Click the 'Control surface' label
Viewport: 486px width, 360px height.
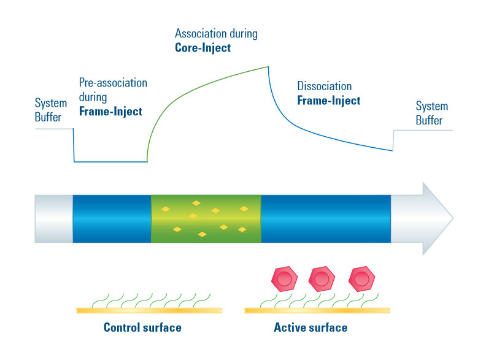click(142, 327)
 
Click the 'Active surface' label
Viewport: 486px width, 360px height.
click(310, 327)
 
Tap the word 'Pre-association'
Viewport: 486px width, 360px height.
click(113, 83)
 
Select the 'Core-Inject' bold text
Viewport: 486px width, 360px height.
click(203, 48)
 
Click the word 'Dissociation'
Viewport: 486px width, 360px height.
click(325, 86)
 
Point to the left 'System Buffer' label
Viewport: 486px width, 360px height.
click(50, 110)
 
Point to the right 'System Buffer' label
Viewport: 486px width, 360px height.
click(431, 113)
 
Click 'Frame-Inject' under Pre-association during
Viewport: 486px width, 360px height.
click(110, 112)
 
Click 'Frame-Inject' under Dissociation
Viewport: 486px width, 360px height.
click(329, 101)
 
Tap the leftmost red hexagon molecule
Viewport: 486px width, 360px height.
click(284, 280)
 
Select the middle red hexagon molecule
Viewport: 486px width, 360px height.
click(322, 280)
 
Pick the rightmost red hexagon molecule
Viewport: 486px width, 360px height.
click(361, 280)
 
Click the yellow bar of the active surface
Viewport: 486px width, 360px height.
click(311, 310)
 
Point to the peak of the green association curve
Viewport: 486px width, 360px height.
click(268, 67)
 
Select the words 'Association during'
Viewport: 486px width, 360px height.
click(216, 33)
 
